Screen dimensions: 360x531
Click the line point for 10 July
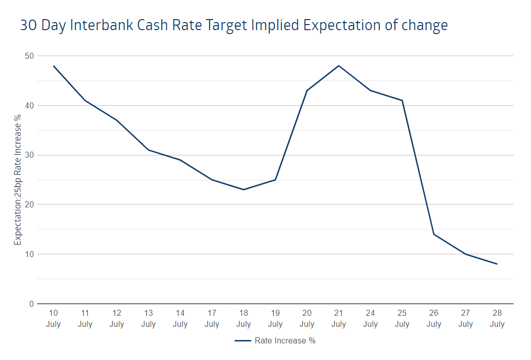click(53, 66)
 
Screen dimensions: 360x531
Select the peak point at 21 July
click(339, 66)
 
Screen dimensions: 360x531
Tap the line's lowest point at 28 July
click(497, 264)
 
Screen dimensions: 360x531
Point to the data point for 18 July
click(244, 190)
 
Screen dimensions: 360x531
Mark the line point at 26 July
click(434, 234)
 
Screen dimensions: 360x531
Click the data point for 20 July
click(307, 90)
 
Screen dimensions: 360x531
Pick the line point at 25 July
click(402, 100)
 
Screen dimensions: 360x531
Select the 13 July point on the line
click(149, 150)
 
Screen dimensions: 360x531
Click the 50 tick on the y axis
click(29, 56)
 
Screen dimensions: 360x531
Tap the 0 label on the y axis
click(32, 304)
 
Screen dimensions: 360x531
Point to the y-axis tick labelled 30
click(29, 155)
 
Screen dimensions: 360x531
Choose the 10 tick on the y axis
click(29, 254)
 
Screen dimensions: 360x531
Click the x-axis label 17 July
click(212, 318)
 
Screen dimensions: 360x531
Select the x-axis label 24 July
click(370, 318)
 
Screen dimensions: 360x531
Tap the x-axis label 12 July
click(117, 318)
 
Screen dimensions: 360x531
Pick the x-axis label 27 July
click(465, 318)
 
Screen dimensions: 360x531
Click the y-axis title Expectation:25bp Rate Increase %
click(18, 180)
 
